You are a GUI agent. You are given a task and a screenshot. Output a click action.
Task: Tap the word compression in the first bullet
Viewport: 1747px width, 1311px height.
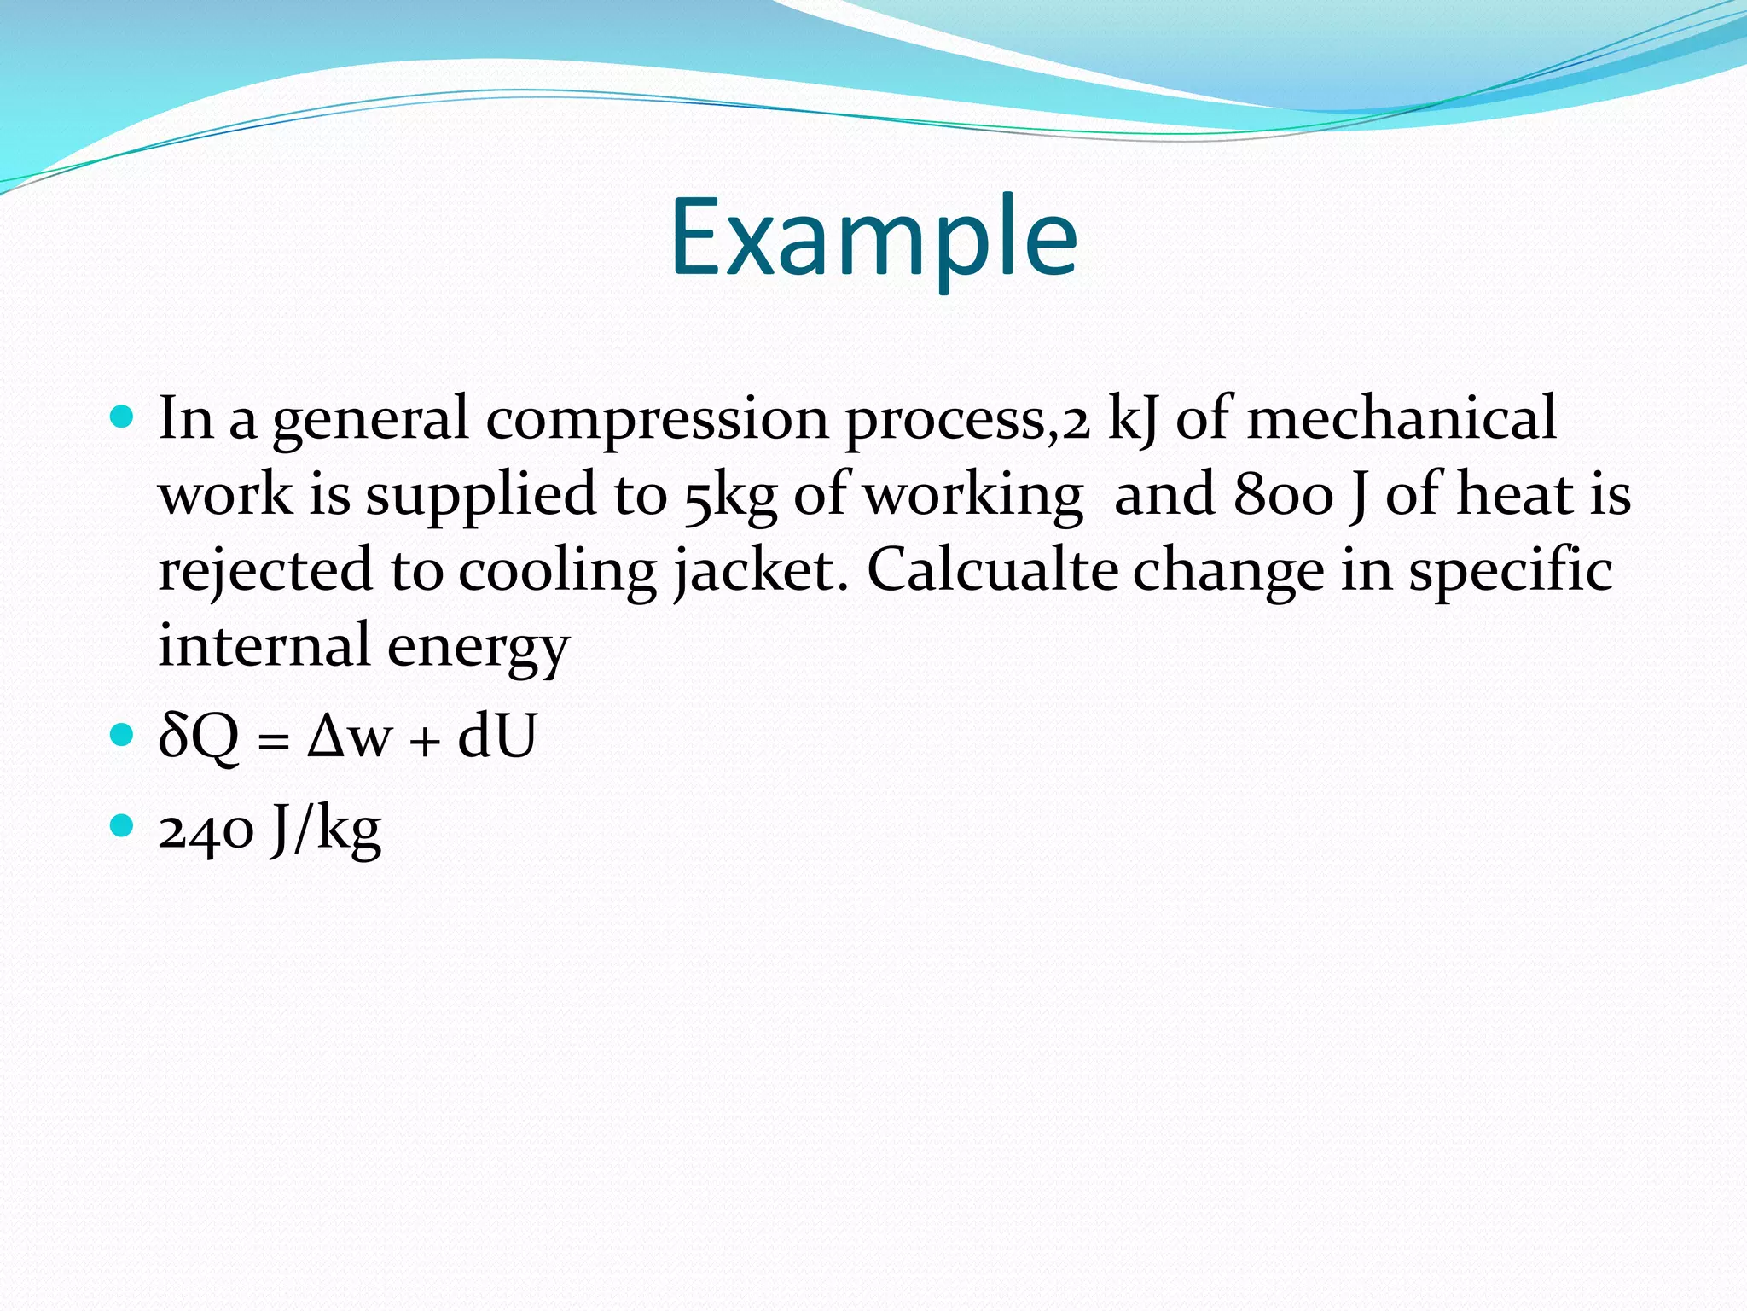click(657, 420)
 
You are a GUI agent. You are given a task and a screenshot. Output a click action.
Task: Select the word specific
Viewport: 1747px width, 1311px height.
click(1510, 570)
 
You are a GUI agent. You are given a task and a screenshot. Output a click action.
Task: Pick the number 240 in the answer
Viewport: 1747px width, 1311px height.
click(206, 830)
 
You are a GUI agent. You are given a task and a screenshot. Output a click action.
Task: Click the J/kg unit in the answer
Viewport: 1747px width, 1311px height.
click(326, 830)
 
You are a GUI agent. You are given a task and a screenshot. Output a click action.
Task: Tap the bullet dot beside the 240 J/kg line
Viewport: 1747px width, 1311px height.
click(123, 825)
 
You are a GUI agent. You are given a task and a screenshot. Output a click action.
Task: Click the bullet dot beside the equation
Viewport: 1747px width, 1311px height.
click(123, 734)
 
